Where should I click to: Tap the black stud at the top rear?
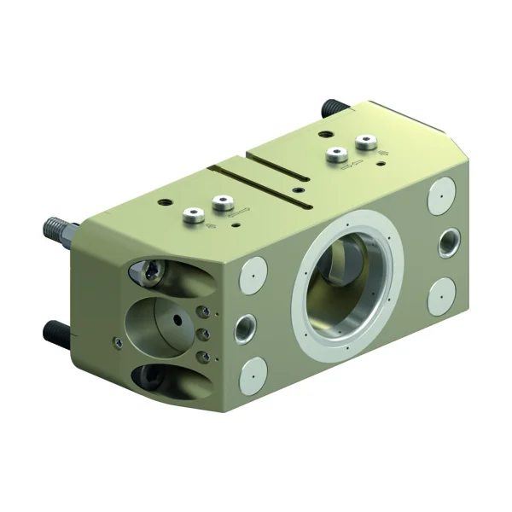tap(330, 108)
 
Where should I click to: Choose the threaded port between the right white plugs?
tap(447, 241)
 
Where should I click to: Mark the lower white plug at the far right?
tap(441, 294)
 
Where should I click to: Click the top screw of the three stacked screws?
tap(202, 312)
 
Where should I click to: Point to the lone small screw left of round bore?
tap(118, 344)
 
